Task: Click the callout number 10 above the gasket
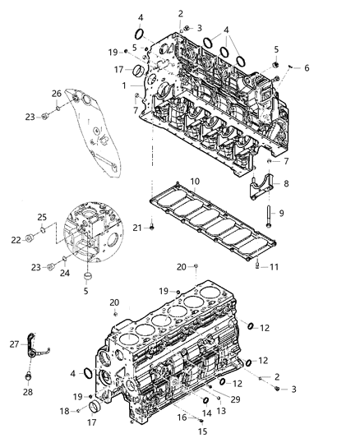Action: click(x=195, y=182)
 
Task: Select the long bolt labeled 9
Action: click(x=269, y=216)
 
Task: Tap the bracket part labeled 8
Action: click(x=261, y=187)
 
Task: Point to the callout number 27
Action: click(x=14, y=344)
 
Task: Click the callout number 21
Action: click(x=137, y=228)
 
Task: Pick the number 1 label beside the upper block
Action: click(x=124, y=85)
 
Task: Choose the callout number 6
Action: click(x=307, y=68)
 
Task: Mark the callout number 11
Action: click(x=274, y=267)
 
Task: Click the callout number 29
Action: click(x=235, y=399)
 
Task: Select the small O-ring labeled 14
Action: click(x=205, y=401)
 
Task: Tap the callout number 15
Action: click(x=203, y=431)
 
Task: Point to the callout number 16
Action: click(x=182, y=417)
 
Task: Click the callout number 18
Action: click(x=64, y=411)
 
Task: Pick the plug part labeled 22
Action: click(x=30, y=238)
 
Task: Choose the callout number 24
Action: click(x=65, y=273)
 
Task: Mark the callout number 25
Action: click(x=42, y=217)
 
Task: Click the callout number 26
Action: click(x=57, y=94)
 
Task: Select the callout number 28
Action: click(x=28, y=392)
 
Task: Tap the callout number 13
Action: click(x=221, y=411)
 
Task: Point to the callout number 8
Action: click(x=286, y=184)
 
